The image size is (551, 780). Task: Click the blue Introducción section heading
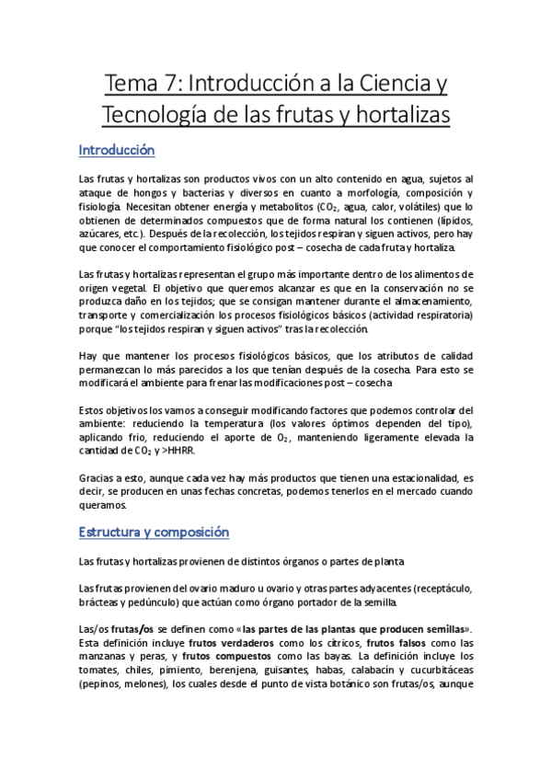pos(117,149)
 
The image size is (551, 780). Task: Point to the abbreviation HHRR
pos(178,452)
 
